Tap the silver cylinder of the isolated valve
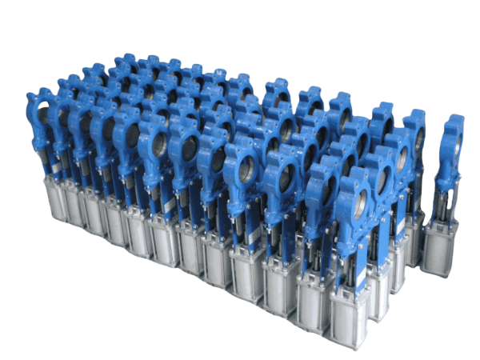click(439, 246)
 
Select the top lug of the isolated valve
click(454, 121)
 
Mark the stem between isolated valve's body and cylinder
click(442, 200)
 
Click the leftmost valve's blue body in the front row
click(42, 120)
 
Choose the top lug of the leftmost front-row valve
click(37, 98)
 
